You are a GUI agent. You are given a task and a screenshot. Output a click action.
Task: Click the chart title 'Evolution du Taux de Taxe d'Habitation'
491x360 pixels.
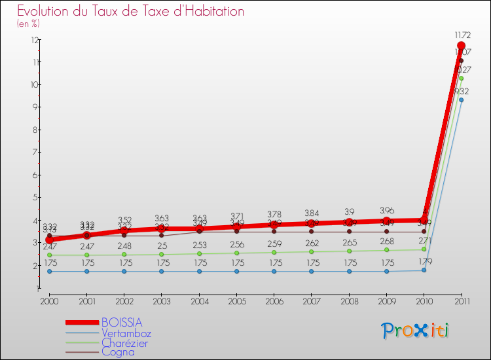[131, 11]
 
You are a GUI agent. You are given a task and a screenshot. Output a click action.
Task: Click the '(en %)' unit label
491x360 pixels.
[28, 24]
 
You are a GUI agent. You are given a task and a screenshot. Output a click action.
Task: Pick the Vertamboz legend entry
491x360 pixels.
[126, 333]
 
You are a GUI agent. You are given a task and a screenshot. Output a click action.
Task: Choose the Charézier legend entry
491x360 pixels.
[124, 342]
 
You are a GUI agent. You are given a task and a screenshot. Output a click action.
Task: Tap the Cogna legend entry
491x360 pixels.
[118, 352]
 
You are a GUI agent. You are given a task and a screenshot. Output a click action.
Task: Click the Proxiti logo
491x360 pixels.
[416, 331]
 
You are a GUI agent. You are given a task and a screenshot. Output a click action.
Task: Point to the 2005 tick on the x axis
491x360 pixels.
[236, 300]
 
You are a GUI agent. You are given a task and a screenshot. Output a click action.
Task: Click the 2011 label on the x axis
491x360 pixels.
[461, 300]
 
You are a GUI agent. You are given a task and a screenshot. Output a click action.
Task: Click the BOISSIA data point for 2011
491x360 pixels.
[461, 46]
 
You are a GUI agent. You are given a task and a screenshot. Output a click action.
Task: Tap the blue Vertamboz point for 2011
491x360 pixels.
[461, 100]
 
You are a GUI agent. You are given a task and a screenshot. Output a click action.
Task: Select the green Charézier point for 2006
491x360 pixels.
[274, 252]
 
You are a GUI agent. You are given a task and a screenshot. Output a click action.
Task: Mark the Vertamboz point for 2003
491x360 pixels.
[162, 271]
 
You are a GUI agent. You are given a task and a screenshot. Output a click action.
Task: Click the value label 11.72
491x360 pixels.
[461, 34]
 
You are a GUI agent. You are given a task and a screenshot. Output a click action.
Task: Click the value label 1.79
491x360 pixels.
[424, 262]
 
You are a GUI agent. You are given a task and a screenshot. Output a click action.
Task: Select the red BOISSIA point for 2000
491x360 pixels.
[49, 240]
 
